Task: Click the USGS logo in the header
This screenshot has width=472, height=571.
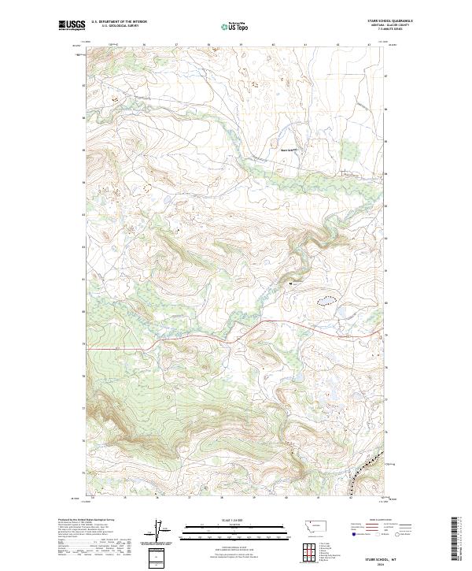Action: click(x=72, y=25)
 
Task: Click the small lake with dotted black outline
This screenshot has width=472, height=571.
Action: click(x=326, y=300)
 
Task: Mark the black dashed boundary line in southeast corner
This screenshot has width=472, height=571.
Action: click(x=363, y=473)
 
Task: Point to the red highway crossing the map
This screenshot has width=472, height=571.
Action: click(x=197, y=341)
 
